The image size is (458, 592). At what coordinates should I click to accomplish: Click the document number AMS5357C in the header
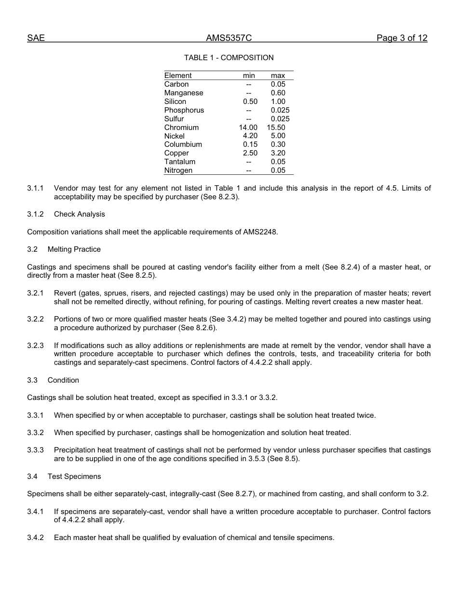click(229, 39)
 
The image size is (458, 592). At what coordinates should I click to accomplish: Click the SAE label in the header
click(36, 39)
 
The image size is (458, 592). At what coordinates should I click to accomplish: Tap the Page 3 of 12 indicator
click(402, 39)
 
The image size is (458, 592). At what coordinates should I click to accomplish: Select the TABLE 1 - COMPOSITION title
click(229, 58)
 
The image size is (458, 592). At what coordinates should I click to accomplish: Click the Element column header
click(178, 76)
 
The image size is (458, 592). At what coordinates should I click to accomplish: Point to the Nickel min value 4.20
click(250, 136)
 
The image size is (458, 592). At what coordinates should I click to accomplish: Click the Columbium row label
click(183, 144)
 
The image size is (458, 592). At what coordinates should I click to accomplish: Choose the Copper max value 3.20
click(278, 153)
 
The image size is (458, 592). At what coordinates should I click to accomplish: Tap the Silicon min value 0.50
click(250, 102)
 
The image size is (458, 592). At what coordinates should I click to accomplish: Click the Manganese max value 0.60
click(278, 93)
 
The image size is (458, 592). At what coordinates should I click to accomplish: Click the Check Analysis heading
click(79, 214)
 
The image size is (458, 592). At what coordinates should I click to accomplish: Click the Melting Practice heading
click(74, 249)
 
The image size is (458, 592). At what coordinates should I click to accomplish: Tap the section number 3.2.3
click(35, 346)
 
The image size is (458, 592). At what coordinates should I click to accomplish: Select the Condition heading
click(63, 380)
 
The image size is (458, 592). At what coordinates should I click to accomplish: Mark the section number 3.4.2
click(35, 538)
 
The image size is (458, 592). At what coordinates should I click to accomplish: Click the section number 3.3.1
click(35, 415)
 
